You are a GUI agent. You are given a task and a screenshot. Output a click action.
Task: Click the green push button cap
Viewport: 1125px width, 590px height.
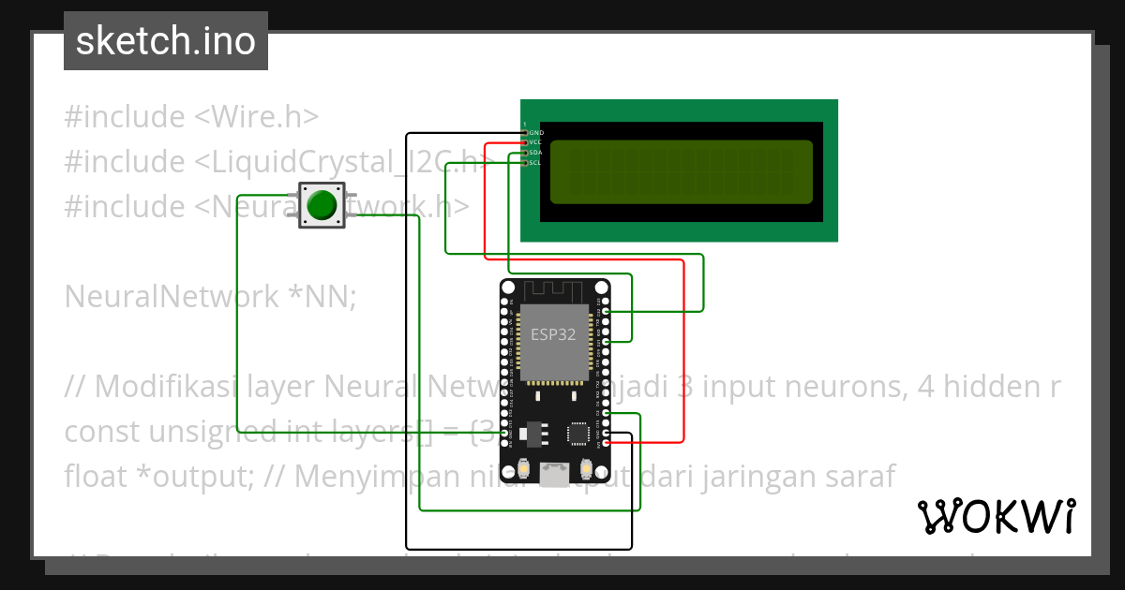point(322,205)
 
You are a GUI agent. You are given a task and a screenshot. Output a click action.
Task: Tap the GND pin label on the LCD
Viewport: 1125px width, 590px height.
point(536,133)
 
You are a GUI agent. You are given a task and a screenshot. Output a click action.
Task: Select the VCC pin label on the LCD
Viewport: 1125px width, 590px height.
point(536,142)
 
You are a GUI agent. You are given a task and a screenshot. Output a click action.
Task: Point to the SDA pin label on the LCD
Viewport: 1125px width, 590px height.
point(536,153)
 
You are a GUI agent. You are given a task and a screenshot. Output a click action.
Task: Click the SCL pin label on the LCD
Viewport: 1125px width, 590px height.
point(536,163)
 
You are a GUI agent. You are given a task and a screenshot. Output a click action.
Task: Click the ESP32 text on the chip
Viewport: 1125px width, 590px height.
point(553,334)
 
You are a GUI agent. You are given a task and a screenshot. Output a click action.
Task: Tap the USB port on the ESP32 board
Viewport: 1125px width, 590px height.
point(554,477)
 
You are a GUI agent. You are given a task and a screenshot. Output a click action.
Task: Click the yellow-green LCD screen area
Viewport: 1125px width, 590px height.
point(681,171)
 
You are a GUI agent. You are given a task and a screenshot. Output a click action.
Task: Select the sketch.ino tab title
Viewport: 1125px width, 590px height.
point(165,41)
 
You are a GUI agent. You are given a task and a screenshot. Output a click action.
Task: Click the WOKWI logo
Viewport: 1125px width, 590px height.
point(996,516)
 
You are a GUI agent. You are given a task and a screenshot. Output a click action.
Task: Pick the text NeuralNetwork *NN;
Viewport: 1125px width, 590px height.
point(210,297)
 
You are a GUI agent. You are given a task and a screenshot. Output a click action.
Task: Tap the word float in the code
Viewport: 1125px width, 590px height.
point(94,477)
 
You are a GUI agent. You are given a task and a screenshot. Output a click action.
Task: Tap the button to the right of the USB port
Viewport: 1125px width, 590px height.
point(586,468)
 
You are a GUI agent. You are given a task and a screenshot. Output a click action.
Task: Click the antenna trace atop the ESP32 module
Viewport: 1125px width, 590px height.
point(554,291)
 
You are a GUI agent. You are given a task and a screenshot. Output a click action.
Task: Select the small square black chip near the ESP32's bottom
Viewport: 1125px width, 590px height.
point(578,433)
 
